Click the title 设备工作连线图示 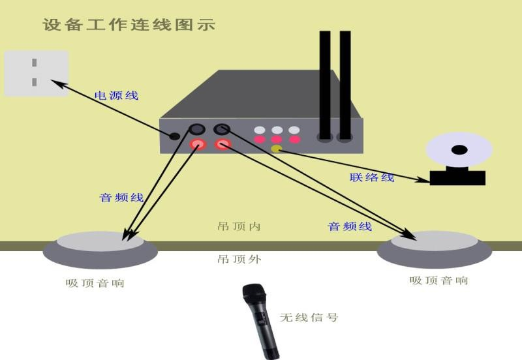pyautogui.click(x=129, y=25)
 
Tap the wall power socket pyautogui.click(x=36, y=73)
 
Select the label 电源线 pyautogui.click(x=117, y=95)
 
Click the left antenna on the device pyautogui.click(x=325, y=85)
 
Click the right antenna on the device pyautogui.click(x=345, y=85)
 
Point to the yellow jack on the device pyautogui.click(x=276, y=149)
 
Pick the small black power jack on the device pyautogui.click(x=174, y=136)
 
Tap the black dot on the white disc pyautogui.click(x=459, y=150)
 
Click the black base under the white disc pyautogui.click(x=457, y=177)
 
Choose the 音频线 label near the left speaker pyautogui.click(x=121, y=197)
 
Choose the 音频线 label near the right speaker pyautogui.click(x=350, y=226)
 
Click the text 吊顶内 pyautogui.click(x=239, y=226)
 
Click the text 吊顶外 pyautogui.click(x=239, y=259)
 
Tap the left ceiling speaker pyautogui.click(x=100, y=250)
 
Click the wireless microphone pyautogui.click(x=260, y=320)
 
